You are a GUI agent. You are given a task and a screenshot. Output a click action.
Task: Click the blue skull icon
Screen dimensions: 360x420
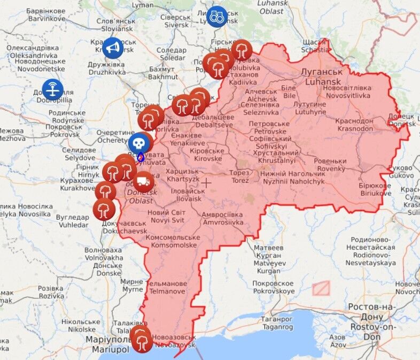138,143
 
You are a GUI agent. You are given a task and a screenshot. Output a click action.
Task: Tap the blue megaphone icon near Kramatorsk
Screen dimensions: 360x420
112,48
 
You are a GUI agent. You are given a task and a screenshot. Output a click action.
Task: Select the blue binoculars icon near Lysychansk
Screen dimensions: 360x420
216,17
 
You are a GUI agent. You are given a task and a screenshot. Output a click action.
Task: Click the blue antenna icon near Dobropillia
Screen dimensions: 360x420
52,89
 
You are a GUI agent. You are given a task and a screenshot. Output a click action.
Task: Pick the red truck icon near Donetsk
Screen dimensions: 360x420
144,182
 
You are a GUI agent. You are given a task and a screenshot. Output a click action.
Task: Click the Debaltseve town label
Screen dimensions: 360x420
213,121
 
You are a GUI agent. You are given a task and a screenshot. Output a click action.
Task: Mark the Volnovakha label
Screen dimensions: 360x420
104,254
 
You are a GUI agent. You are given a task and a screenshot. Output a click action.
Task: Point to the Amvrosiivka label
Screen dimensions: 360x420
222,218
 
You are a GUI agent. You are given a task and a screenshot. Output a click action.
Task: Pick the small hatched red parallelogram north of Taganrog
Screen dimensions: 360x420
321,288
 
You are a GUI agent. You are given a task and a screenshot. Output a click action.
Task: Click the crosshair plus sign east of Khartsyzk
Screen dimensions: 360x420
206,182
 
